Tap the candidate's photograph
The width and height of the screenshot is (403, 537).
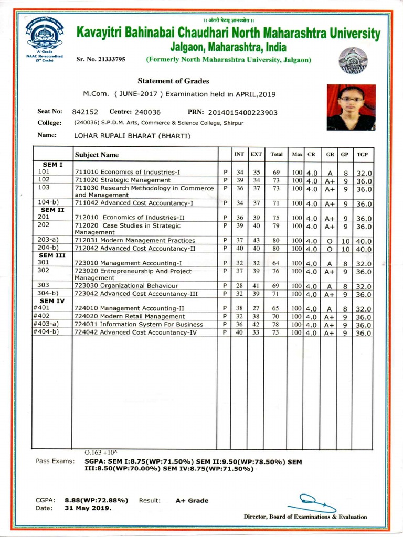click(351, 108)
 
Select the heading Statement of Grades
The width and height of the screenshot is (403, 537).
click(173, 81)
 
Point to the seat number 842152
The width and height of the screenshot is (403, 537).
click(84, 112)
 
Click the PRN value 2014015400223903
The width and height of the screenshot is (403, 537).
click(242, 112)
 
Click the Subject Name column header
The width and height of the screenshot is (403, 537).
click(97, 155)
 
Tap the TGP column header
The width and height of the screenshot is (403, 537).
click(362, 154)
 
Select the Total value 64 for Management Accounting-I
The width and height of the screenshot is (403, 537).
click(275, 263)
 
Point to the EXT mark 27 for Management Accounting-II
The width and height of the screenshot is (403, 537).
click(256, 308)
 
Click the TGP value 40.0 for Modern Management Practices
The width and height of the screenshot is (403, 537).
click(364, 241)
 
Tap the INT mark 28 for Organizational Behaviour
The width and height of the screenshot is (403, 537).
click(239, 286)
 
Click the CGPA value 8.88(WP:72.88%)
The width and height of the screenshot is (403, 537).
click(97, 500)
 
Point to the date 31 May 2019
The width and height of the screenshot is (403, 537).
click(88, 508)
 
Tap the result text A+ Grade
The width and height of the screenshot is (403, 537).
click(192, 500)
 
